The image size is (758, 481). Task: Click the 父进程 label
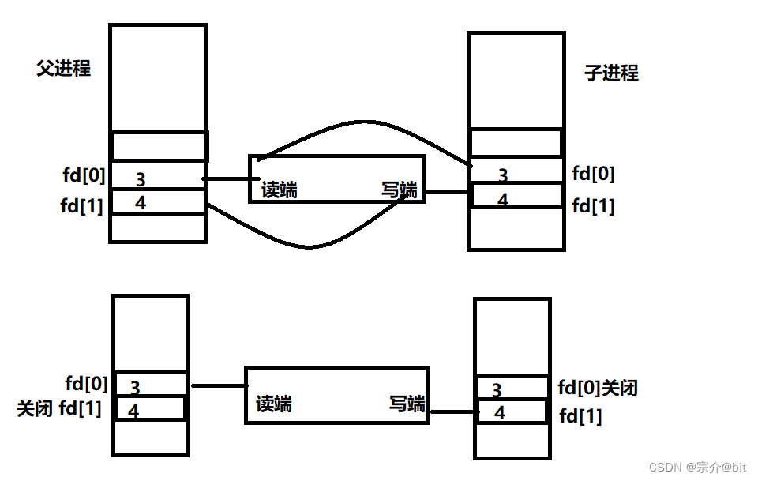point(64,69)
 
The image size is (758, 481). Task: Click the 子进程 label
point(611,73)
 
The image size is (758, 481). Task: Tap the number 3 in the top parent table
point(141,179)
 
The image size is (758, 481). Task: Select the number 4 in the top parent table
point(140,203)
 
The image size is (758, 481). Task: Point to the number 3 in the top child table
point(503,175)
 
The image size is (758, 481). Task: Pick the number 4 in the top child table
point(503,201)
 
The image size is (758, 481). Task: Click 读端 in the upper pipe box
point(280,190)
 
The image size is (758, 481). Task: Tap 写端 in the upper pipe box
point(399,190)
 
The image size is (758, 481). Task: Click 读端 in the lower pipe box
point(274,404)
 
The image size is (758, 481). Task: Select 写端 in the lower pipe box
point(407,404)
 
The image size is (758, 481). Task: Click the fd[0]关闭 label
point(598,388)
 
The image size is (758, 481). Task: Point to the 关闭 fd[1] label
point(59,409)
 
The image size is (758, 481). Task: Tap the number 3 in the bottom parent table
point(135,388)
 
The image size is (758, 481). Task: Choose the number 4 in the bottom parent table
point(133,411)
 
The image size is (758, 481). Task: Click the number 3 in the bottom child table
point(497,390)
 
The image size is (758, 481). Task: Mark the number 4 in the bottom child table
point(500,412)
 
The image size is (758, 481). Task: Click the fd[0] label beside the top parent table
point(84,174)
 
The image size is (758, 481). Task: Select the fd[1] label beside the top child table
point(593,207)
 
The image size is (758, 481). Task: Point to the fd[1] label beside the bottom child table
point(580,415)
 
